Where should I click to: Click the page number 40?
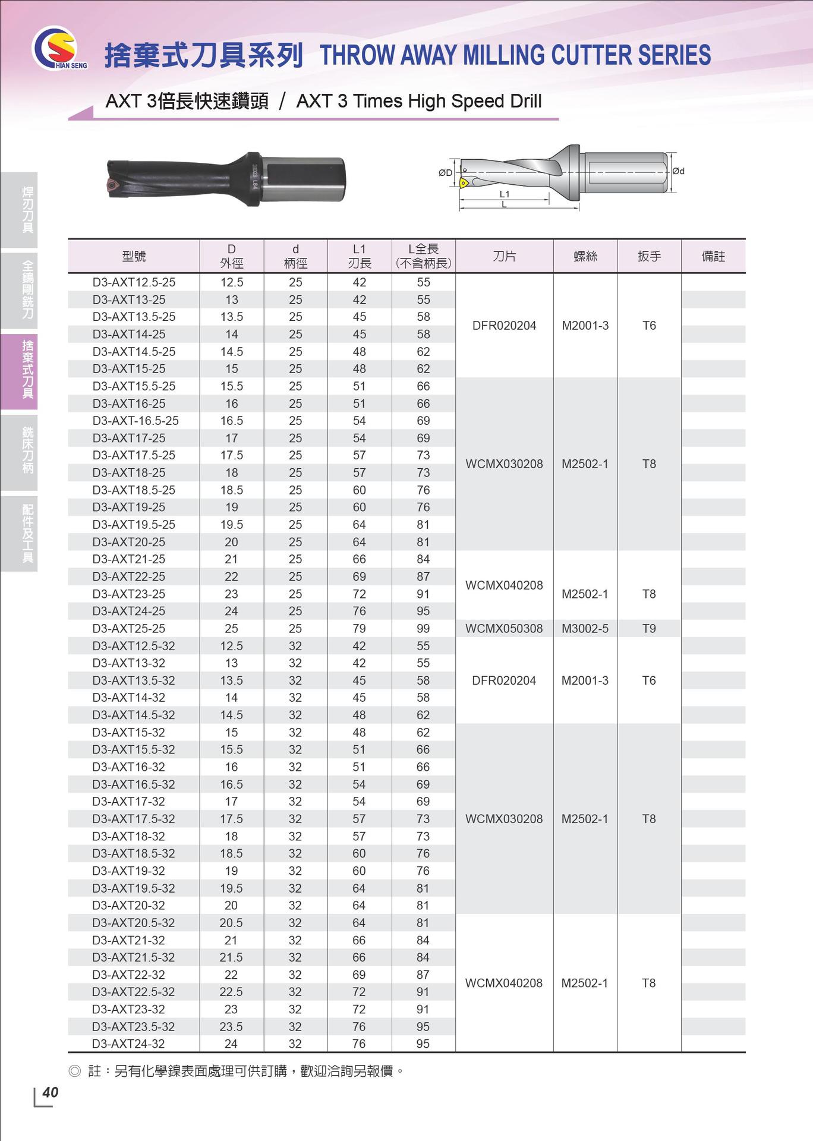click(51, 1092)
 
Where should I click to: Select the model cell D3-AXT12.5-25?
click(134, 282)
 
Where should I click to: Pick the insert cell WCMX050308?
click(504, 628)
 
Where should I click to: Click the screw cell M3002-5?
click(585, 628)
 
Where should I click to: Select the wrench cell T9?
click(649, 628)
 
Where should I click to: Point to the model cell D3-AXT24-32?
click(128, 1044)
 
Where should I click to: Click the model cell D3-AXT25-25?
click(128, 628)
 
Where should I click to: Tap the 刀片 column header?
click(504, 256)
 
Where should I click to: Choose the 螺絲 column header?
click(585, 256)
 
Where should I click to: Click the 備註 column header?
click(713, 256)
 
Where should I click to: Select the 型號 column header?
click(134, 256)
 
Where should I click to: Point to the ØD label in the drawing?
click(445, 173)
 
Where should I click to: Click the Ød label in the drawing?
click(678, 171)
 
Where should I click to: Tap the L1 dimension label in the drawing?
click(505, 194)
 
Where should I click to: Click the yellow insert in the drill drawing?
click(464, 183)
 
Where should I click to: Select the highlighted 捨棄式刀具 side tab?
click(27, 369)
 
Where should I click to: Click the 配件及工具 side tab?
click(27, 533)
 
